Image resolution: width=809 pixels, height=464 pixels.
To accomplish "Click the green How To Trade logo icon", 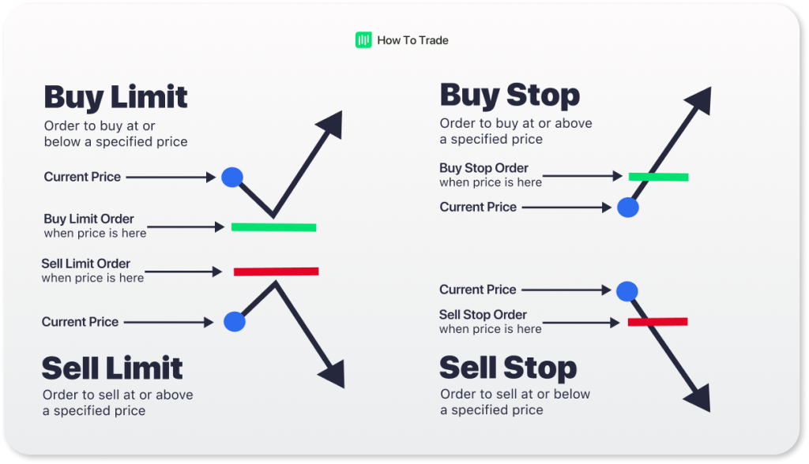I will coord(363,40).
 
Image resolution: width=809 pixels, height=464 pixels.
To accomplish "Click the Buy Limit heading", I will coord(115,97).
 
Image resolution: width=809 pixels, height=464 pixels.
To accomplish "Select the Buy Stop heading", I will coord(510,95).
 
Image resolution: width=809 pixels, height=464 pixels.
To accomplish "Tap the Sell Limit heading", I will coord(112,368).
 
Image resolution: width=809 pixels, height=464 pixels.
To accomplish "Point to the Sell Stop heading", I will coord(508,368).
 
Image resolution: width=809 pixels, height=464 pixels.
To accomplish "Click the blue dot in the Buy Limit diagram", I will coord(232,177).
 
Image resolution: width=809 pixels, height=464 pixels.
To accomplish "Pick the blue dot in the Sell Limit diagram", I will coord(234,321).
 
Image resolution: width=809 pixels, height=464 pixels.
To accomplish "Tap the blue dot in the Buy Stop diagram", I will coord(628,208).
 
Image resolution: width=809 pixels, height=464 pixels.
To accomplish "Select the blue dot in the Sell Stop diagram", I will coord(627,291).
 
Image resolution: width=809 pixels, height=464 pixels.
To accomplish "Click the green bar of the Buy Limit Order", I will coord(273,227).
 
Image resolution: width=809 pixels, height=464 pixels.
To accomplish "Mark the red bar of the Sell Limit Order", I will coord(276,271).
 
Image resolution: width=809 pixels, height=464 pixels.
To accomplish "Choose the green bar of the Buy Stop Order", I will coord(658,177).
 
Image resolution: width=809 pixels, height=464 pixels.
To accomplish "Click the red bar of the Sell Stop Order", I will coord(657,321).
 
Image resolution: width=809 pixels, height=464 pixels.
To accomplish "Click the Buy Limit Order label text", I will coord(89,219).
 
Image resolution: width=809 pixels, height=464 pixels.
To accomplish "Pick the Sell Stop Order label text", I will coord(483,315).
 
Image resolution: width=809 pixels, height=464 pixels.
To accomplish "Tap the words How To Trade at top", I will coord(412,40).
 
